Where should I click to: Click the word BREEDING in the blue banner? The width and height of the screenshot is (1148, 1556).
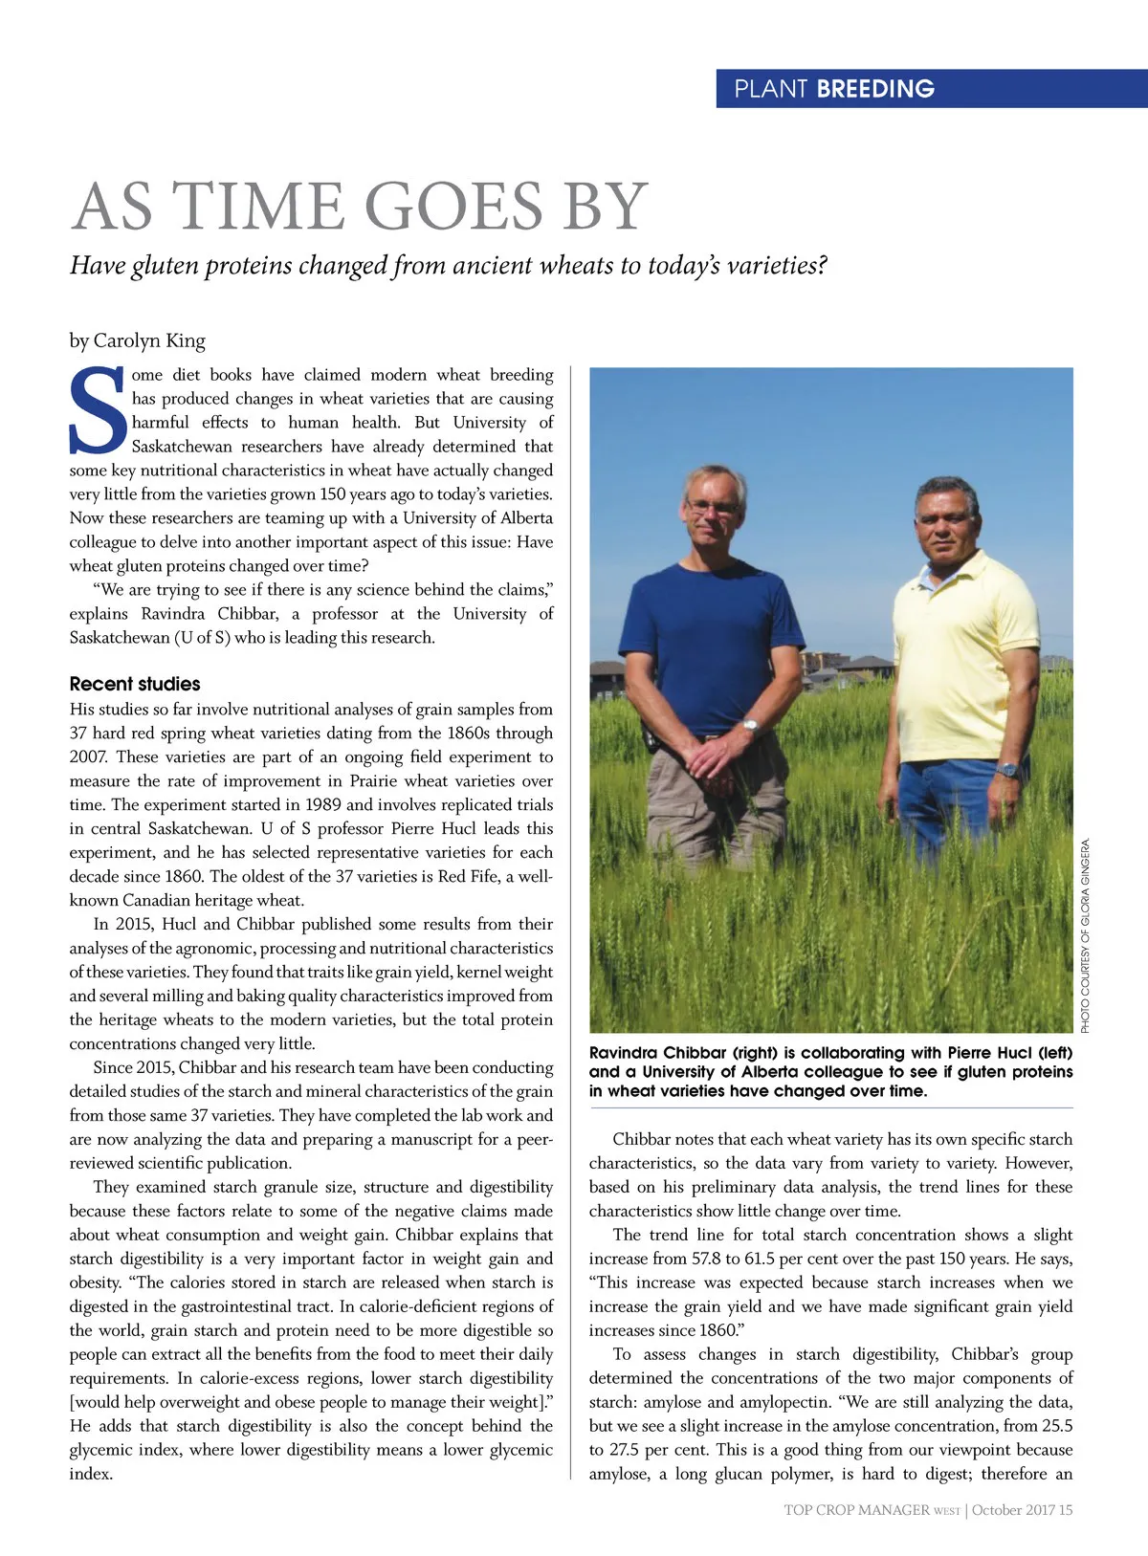click(875, 89)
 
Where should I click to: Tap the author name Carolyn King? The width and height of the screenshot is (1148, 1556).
click(149, 340)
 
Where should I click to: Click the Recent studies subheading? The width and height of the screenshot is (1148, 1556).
click(135, 684)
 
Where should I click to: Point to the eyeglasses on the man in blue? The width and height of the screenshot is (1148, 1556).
click(713, 507)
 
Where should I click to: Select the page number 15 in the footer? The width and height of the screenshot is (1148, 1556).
click(1066, 1510)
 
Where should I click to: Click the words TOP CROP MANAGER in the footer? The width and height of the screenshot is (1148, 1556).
click(856, 1510)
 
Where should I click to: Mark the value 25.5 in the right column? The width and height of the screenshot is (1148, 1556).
click(1053, 1426)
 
